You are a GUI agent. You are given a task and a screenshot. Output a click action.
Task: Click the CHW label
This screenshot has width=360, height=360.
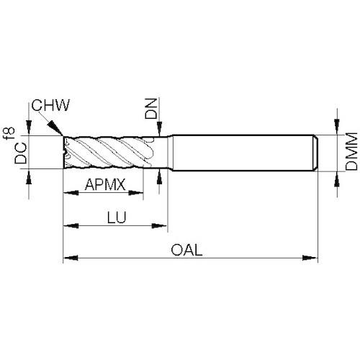coord(50,105)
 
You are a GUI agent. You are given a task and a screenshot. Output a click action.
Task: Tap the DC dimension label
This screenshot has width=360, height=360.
coord(21,153)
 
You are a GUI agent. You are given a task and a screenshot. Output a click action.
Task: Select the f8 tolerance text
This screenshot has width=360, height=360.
coord(10,134)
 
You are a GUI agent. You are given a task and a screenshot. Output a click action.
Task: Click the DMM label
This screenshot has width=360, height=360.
coord(351,151)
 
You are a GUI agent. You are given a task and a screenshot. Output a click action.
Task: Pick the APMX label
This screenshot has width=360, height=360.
coord(105,184)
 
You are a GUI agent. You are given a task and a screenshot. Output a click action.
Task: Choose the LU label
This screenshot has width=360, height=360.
coord(117,217)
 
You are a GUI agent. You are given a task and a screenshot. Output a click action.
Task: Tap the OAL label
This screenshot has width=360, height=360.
coord(186,250)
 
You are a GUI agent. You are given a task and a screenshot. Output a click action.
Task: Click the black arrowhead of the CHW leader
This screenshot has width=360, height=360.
coord(55,127)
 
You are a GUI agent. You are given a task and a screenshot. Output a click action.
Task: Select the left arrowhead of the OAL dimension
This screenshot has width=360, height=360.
coord(71,258)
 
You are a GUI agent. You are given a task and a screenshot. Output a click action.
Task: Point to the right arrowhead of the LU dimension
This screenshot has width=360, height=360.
coord(159,226)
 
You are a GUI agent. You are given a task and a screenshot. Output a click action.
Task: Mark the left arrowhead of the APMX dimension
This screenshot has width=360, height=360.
coord(71,192)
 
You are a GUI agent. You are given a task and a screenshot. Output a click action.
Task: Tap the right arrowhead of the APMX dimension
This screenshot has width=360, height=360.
coord(136,192)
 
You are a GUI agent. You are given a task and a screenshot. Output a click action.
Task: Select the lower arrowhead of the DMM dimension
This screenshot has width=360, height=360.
coord(337,179)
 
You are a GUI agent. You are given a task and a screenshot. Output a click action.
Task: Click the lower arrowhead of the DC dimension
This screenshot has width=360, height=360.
coord(29,176)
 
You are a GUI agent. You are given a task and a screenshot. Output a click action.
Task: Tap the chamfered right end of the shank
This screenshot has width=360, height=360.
coord(316,153)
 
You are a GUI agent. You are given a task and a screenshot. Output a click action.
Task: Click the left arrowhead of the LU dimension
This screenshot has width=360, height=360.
coord(71,226)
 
